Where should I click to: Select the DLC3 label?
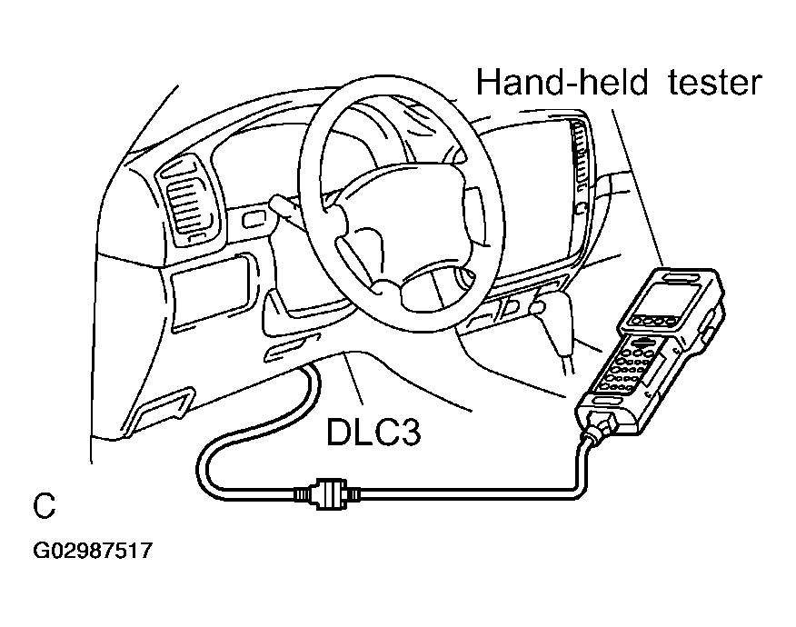[x=373, y=433]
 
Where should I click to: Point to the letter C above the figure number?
[x=44, y=505]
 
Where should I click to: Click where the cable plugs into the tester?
[x=601, y=425]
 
